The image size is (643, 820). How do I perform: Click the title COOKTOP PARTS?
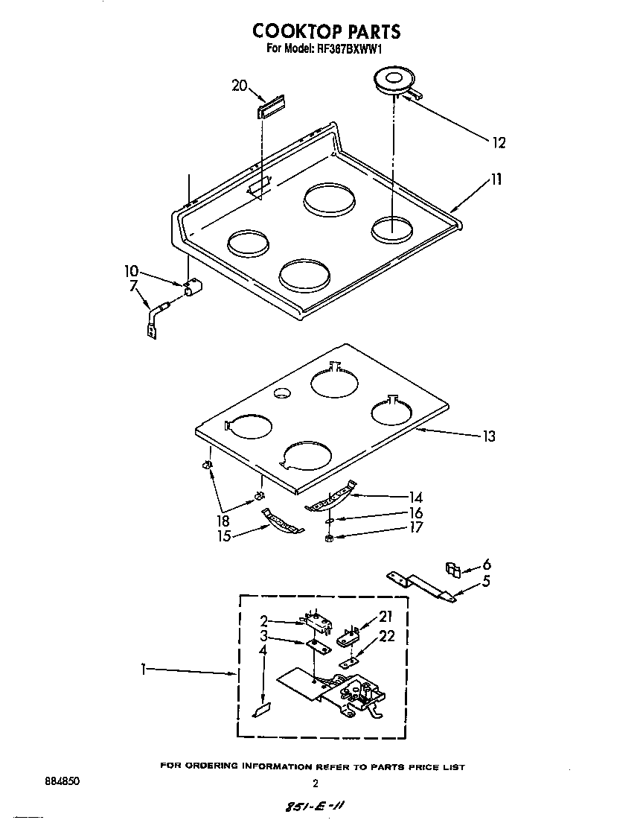coord(326,31)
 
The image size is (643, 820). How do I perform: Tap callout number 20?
coord(239,86)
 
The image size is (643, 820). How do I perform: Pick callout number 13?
coord(488,436)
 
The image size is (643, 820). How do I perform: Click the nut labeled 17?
coord(329,538)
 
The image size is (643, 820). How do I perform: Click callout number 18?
coord(223,521)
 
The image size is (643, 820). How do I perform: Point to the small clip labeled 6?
coord(452,569)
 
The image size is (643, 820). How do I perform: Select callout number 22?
coord(387,636)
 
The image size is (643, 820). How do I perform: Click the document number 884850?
coord(62,782)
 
